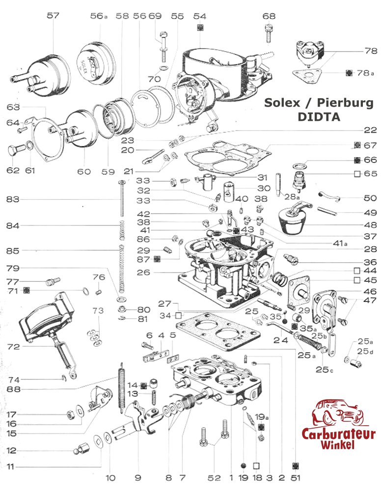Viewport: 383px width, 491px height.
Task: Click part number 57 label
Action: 53,16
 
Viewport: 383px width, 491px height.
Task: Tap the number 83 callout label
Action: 13,199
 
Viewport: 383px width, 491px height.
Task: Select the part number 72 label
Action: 13,347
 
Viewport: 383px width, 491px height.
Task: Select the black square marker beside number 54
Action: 199,27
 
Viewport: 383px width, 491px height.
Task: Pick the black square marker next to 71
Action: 27,291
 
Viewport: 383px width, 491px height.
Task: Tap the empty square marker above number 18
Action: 256,465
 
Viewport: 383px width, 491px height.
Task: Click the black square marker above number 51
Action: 295,465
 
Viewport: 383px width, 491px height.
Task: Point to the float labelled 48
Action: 292,221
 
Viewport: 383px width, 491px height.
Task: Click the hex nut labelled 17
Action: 69,414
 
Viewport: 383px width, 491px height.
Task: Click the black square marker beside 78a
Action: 349,73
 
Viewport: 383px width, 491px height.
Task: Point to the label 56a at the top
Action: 99,16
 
